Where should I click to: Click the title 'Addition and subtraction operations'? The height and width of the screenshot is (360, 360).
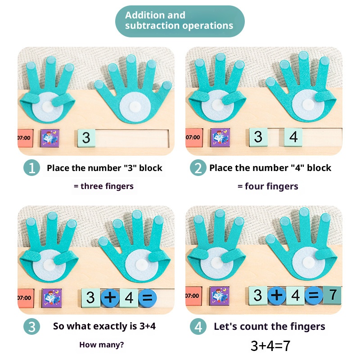click(x=179, y=20)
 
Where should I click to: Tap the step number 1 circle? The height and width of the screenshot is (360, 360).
click(x=31, y=167)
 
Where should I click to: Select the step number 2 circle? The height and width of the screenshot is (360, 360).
click(x=198, y=167)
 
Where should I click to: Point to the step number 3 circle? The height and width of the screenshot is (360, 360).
click(x=31, y=326)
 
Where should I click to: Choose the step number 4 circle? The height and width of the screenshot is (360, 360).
click(x=198, y=326)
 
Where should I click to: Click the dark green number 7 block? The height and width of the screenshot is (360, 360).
click(x=332, y=295)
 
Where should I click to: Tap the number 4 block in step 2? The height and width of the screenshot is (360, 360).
click(x=293, y=137)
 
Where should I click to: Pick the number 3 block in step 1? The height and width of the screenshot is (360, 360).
click(x=86, y=138)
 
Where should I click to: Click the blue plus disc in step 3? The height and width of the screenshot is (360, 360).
click(x=110, y=298)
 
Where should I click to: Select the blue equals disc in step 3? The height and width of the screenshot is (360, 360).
click(x=148, y=298)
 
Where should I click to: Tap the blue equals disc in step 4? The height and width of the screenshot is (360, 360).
click(x=314, y=295)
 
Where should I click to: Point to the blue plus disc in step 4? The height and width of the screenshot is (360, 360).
click(x=277, y=295)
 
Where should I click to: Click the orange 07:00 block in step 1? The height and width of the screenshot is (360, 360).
click(x=25, y=138)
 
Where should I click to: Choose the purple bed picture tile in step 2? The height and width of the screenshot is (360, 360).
click(x=220, y=138)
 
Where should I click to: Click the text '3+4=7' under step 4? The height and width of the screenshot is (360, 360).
click(x=270, y=346)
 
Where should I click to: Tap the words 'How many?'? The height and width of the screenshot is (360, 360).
click(x=102, y=345)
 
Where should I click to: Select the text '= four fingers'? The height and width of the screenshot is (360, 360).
click(x=268, y=186)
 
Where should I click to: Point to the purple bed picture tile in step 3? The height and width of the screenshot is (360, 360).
click(x=52, y=298)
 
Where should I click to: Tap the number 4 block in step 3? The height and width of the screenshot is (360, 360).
click(x=129, y=298)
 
